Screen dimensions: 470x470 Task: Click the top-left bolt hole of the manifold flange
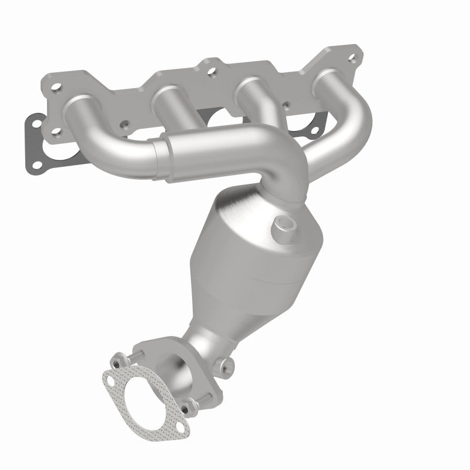(58, 89)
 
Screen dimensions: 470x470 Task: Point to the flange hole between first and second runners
(124, 125)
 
